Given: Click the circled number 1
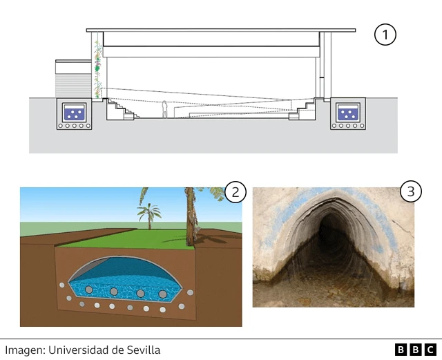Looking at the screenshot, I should [385, 35].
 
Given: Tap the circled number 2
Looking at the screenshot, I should [236, 193].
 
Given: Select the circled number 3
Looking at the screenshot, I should [411, 192].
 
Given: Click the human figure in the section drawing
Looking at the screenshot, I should [165, 109].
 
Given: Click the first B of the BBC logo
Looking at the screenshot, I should [402, 350].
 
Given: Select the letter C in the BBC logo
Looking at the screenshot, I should [430, 350].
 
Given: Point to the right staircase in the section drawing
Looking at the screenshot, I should [302, 109].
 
